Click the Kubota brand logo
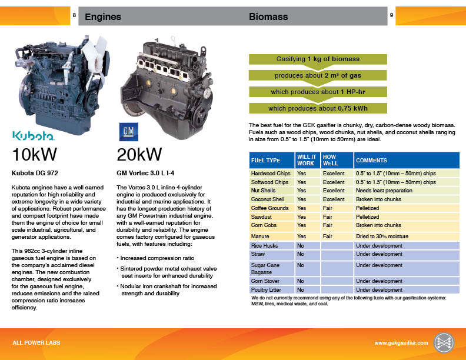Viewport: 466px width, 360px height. point(34,135)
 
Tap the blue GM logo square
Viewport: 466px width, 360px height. point(129,132)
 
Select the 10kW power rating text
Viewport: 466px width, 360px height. point(34,155)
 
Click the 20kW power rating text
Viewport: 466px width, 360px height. point(139,155)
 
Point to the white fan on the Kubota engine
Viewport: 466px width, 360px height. point(95,57)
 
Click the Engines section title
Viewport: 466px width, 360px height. point(103,16)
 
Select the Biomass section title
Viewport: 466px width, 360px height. point(268,16)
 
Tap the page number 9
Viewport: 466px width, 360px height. point(391,15)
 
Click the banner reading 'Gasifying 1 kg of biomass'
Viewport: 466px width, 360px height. point(318,59)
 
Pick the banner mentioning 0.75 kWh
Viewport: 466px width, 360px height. point(318,108)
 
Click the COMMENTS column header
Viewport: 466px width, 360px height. point(371,161)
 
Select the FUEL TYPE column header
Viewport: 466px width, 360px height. point(266,161)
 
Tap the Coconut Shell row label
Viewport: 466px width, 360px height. point(268,199)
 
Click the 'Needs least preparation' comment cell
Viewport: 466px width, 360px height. point(384,191)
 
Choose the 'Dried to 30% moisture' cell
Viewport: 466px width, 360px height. point(382,236)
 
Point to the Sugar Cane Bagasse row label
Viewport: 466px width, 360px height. point(261,268)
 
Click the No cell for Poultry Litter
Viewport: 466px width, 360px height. point(301,289)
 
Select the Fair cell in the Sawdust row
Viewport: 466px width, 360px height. point(327,217)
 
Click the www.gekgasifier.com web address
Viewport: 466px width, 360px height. point(401,343)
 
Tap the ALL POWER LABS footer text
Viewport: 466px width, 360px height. point(36,343)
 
